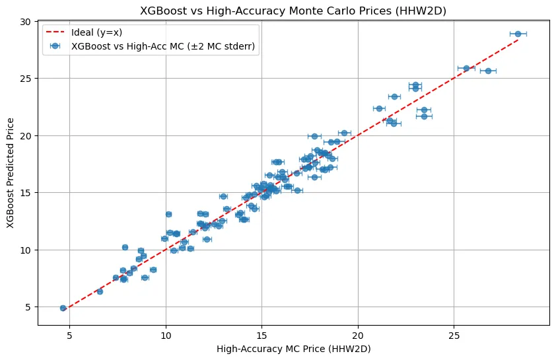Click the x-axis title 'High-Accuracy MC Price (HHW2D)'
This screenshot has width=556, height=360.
pyautogui.click(x=294, y=349)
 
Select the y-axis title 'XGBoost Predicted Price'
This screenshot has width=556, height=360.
pyautogui.click(x=11, y=173)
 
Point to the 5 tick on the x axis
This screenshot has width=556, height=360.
pyautogui.click(x=69, y=335)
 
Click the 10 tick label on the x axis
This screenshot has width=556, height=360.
pyautogui.click(x=166, y=335)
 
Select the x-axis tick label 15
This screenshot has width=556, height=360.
pyautogui.click(x=261, y=335)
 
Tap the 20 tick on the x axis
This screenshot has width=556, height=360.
pyautogui.click(x=358, y=335)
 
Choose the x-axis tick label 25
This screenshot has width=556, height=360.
pyautogui.click(x=454, y=335)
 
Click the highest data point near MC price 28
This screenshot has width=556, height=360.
pyautogui.click(x=518, y=34)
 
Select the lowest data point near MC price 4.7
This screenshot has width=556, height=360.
pyautogui.click(x=63, y=308)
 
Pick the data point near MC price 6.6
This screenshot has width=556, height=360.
pyautogui.click(x=100, y=291)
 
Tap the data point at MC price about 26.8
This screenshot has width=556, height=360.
pyautogui.click(x=488, y=71)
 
